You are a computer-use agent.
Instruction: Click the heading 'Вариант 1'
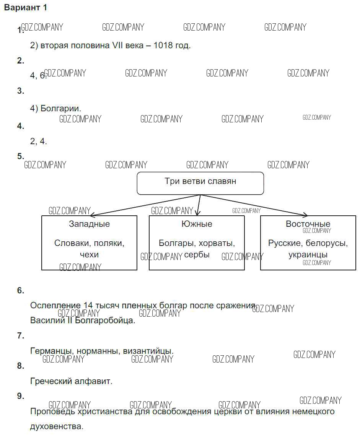[x=26, y=8]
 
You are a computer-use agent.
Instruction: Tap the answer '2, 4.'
[x=38, y=141]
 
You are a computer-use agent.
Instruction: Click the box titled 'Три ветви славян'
[x=200, y=183]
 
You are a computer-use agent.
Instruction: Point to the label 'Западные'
[x=89, y=224]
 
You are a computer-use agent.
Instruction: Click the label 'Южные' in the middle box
[x=197, y=224]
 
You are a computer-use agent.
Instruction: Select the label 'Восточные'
[x=308, y=224]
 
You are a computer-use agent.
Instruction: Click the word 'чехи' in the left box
[x=89, y=255]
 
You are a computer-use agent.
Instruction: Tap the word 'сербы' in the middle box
[x=197, y=255]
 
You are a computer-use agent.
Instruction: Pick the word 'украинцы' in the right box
[x=308, y=255]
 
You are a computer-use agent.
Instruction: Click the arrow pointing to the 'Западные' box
[x=145, y=205]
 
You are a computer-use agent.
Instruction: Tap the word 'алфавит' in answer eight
[x=96, y=381]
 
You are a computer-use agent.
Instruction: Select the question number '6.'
[x=21, y=290]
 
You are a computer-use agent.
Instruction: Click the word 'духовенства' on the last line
[x=56, y=426]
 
